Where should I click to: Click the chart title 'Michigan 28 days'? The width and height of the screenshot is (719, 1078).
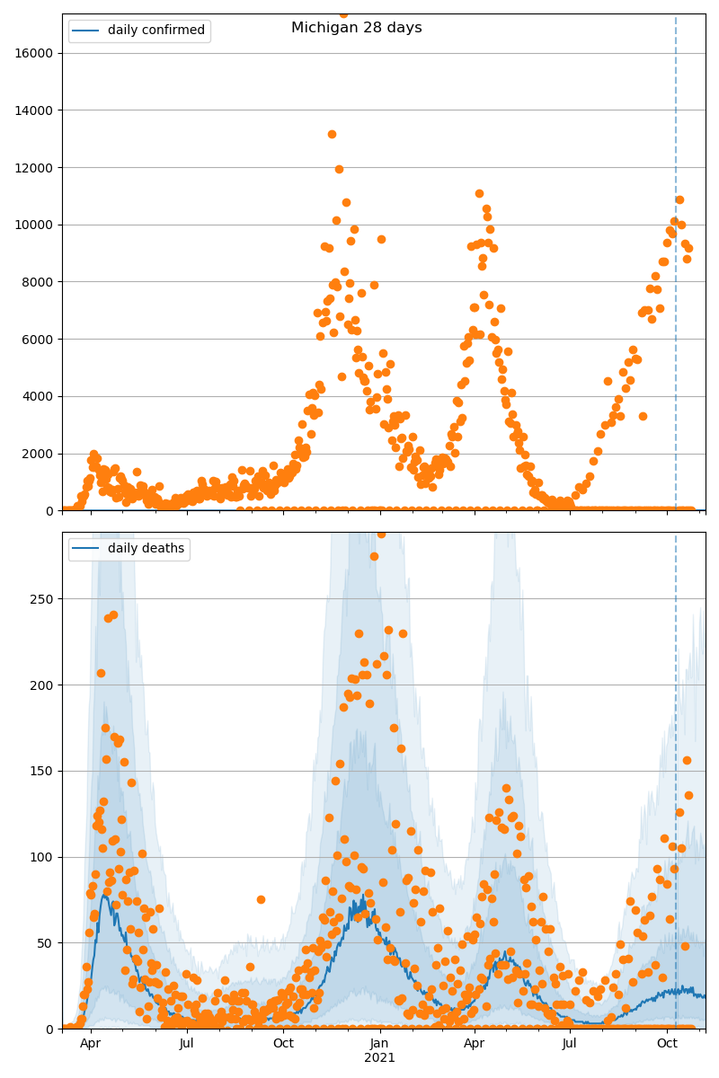tap(357, 28)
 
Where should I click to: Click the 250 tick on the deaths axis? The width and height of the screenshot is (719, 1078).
tap(45, 599)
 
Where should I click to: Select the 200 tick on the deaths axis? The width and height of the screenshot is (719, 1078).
tap(45, 685)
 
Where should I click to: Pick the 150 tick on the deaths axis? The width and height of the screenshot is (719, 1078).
tap(45, 771)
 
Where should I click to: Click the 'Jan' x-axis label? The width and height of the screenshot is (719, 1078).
tap(379, 1044)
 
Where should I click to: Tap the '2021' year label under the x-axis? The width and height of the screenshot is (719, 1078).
tap(379, 1058)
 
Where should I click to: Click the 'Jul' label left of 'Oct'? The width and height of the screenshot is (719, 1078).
tap(186, 1044)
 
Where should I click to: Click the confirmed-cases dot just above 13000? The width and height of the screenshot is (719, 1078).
tap(332, 135)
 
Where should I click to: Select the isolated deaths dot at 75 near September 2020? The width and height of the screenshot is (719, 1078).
tap(261, 899)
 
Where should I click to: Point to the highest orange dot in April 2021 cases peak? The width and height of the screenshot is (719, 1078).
tap(479, 193)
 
